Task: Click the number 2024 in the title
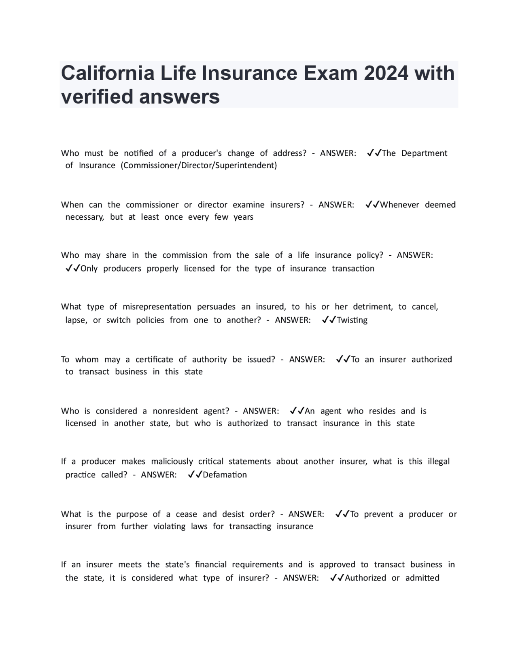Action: (386, 73)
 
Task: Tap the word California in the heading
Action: (108, 73)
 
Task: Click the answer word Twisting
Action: (352, 320)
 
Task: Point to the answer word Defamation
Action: (225, 475)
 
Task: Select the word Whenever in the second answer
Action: (399, 205)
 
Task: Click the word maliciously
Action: (172, 462)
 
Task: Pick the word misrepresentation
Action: (157, 307)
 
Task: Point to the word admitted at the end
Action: (422, 578)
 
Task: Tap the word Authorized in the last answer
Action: (365, 578)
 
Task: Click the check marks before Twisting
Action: (329, 320)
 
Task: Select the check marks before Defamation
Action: (195, 475)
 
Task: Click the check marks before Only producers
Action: (73, 269)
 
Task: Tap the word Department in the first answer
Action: (424, 153)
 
